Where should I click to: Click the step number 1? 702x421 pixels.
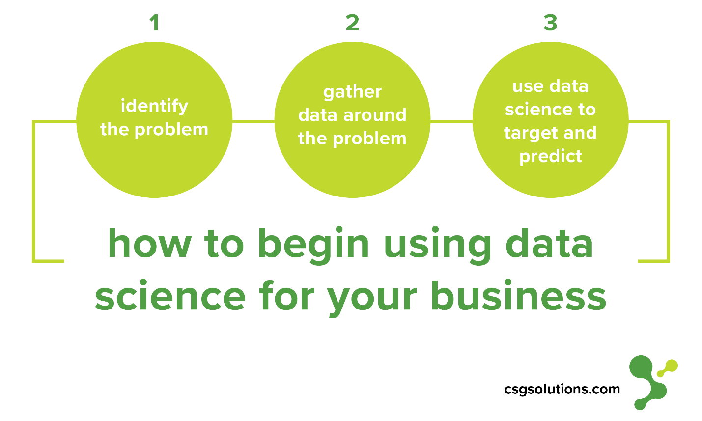[155, 23]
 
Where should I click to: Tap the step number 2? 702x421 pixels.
[352, 23]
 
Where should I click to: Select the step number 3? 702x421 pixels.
[550, 23]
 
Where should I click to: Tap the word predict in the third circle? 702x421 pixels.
[550, 157]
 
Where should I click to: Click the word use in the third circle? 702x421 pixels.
[528, 87]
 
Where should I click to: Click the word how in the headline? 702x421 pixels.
[149, 243]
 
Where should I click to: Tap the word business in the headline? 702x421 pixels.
[518, 295]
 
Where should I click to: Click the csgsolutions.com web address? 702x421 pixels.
[562, 390]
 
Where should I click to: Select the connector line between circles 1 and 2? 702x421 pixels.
[253, 121]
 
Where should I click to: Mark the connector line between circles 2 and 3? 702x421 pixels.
[451, 121]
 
